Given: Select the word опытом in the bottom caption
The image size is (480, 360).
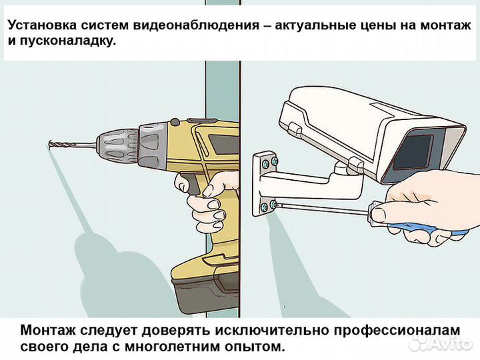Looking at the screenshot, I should tap(254, 346).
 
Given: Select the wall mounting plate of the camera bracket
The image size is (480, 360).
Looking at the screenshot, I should tap(263, 183).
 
